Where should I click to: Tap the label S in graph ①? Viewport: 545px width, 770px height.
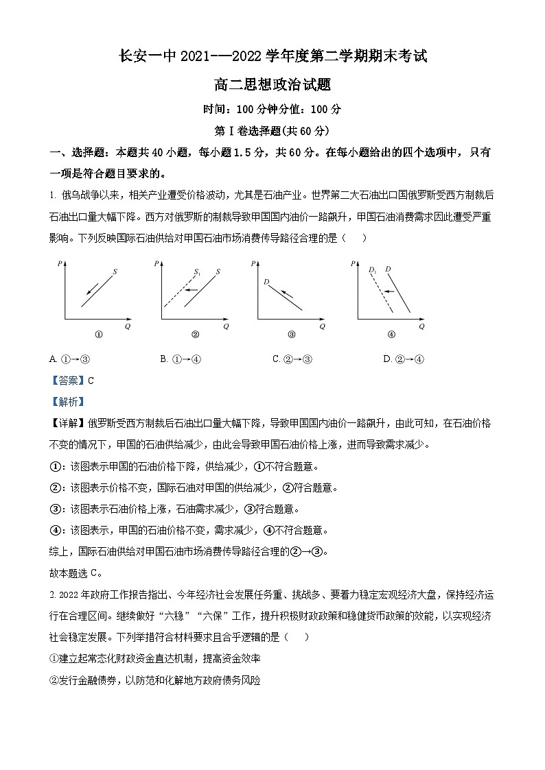coord(115,272)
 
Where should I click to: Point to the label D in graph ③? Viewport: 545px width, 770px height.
coord(265,282)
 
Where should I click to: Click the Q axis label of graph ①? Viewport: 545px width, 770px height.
coord(128,326)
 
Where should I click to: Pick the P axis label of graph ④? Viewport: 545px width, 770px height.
coord(352,263)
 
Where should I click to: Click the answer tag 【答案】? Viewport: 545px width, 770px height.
coord(67,381)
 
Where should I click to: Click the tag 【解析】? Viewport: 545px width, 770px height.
coord(67,402)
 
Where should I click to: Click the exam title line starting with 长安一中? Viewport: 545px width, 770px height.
coord(272,58)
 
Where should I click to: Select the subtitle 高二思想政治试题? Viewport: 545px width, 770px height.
coord(272,85)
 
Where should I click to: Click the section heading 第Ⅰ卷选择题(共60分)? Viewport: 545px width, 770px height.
coord(272,130)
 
